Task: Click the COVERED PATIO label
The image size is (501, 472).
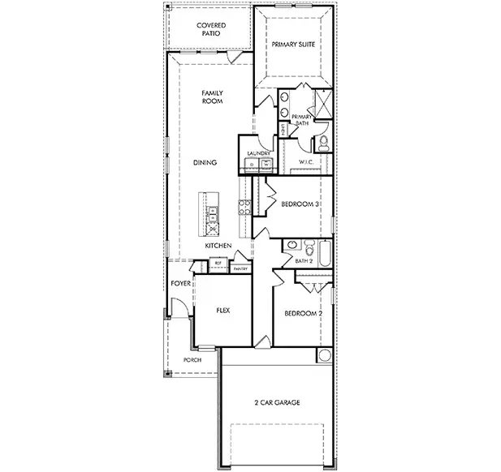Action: [211, 30]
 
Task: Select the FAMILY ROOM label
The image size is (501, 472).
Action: [212, 97]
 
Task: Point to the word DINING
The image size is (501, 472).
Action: [205, 163]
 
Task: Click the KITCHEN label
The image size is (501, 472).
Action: [218, 245]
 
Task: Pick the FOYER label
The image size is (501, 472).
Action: [180, 284]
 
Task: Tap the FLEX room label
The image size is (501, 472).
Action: [223, 310]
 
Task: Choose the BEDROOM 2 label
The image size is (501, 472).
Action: [304, 313]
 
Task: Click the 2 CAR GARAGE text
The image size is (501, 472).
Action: [276, 402]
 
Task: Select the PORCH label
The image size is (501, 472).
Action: [192, 359]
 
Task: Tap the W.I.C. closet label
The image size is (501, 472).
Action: [306, 162]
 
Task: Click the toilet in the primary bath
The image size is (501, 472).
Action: [322, 144]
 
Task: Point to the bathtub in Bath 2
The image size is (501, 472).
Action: [325, 255]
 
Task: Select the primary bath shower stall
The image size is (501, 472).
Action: [322, 102]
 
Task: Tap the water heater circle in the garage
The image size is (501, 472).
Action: [324, 356]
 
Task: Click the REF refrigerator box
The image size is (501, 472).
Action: [218, 263]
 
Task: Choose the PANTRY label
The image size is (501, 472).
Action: [240, 268]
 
